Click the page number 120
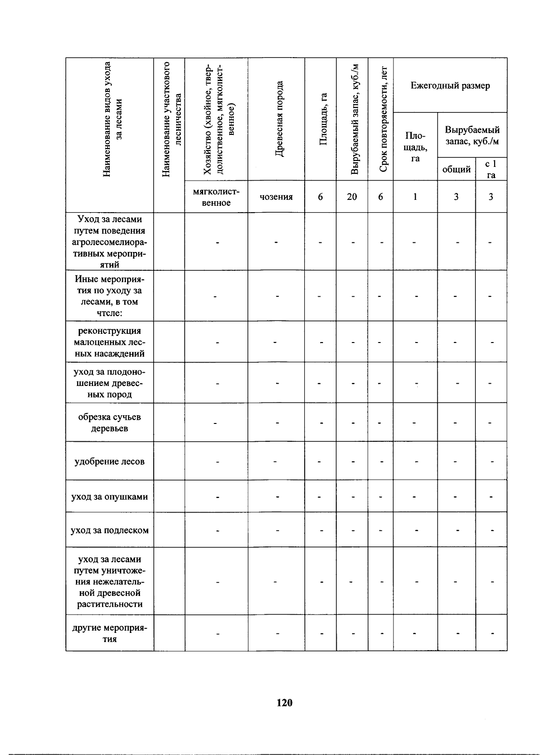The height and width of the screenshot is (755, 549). [284, 703]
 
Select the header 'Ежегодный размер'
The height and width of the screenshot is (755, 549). [450, 86]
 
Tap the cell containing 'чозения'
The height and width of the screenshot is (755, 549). [276, 197]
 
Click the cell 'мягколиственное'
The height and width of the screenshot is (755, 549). [216, 197]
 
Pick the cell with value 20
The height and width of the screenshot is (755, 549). [352, 197]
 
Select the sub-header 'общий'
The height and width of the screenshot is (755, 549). [456, 170]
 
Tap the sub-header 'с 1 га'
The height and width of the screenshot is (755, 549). [491, 169]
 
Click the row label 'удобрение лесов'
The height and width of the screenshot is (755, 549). [109, 461]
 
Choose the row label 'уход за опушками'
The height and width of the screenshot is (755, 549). [109, 496]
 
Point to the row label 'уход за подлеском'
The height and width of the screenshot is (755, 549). [109, 530]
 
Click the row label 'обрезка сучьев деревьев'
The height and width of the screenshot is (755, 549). [109, 423]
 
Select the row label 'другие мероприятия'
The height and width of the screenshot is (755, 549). [109, 633]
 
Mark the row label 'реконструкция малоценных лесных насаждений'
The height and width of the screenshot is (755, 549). [109, 342]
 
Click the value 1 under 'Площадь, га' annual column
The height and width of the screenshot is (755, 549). [415, 197]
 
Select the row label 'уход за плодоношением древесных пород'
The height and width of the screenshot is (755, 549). [109, 383]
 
